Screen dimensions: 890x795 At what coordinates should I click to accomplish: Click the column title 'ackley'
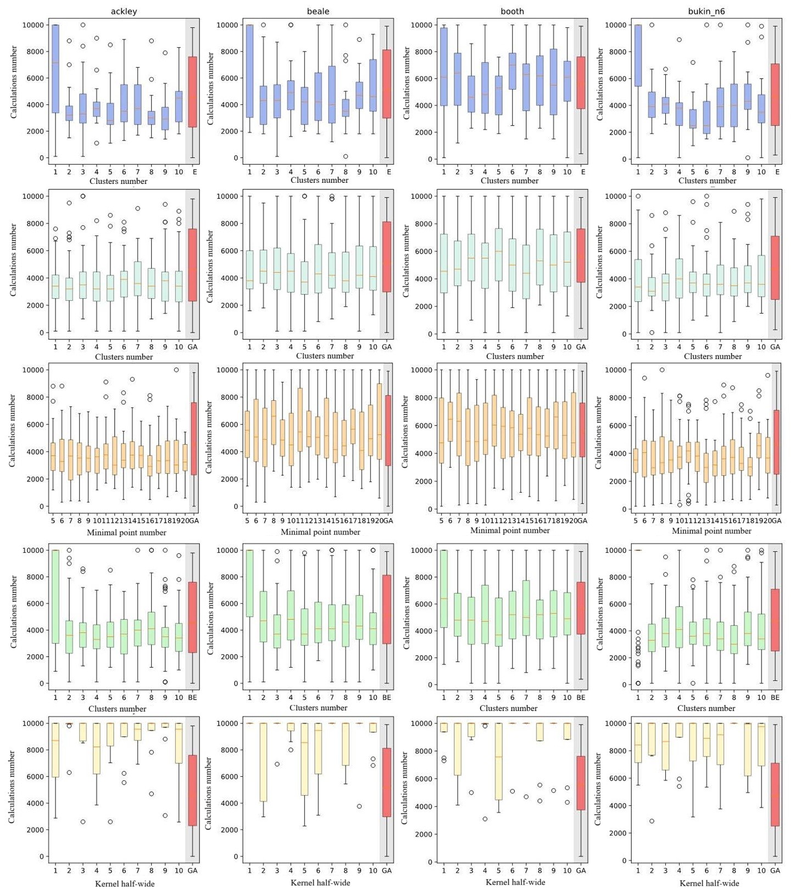coord(124,11)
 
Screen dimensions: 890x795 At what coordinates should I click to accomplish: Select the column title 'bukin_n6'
coord(707,11)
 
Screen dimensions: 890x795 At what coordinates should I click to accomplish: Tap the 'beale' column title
coord(318,11)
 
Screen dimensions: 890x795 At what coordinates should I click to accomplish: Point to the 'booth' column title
coord(512,11)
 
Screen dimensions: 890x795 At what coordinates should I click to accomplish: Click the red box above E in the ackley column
coord(192,92)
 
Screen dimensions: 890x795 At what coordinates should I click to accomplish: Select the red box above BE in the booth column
coord(581,608)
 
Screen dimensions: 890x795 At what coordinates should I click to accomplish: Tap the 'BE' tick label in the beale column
coord(387,697)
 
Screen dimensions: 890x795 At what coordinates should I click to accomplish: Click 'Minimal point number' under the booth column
coord(510,530)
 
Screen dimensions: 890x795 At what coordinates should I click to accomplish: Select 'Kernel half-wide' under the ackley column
coord(125,883)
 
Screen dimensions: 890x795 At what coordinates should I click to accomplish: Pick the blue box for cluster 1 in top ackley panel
coord(55,69)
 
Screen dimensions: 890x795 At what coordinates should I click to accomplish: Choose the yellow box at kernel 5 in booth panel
coord(498,761)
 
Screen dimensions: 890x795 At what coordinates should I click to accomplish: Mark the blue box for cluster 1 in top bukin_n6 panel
coord(638,55)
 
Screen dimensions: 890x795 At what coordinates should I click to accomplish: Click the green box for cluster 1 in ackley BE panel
coord(55,596)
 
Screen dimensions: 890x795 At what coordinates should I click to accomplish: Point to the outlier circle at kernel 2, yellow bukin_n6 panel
coord(652,821)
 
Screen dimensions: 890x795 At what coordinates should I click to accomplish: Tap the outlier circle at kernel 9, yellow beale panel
coord(359,806)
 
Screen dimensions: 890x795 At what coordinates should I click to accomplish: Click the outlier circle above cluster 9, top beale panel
coord(359,40)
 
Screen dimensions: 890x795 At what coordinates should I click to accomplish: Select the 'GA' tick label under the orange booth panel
coord(582,520)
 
